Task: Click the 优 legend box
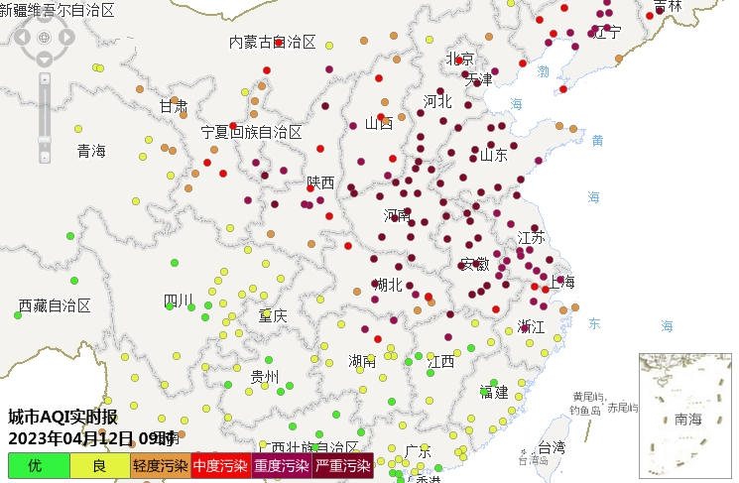(x=39, y=465)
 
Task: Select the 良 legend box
(x=99, y=465)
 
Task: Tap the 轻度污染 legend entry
(x=160, y=465)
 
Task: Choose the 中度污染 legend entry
(x=220, y=465)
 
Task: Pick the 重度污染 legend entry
(x=282, y=465)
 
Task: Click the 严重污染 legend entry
(x=343, y=465)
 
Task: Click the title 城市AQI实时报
(x=62, y=417)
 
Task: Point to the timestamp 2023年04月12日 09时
(x=91, y=437)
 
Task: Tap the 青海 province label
(x=91, y=151)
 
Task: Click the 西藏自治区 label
(x=55, y=305)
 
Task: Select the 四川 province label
(x=179, y=301)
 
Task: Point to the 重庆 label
(x=273, y=315)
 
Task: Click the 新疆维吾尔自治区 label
(x=58, y=11)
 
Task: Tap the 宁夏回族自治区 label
(x=252, y=132)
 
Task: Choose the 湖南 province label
(x=362, y=361)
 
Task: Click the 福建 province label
(x=493, y=392)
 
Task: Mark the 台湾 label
(x=552, y=447)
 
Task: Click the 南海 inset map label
(x=687, y=420)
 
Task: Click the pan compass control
(x=44, y=38)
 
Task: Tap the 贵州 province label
(x=265, y=376)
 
